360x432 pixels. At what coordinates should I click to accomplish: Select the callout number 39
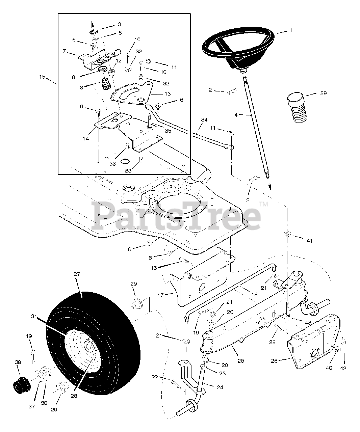tap(323, 93)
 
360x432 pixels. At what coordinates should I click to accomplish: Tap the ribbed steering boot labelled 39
tap(296, 109)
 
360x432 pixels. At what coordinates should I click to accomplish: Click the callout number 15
tap(42, 77)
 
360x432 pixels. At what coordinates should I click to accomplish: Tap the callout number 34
tap(204, 119)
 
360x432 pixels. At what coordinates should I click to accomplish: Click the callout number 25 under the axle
tap(240, 361)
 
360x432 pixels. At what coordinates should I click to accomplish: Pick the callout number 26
tap(274, 361)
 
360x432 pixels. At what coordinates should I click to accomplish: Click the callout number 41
tap(309, 241)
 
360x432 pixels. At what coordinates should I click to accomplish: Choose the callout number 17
tap(160, 295)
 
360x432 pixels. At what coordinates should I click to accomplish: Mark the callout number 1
tap(290, 30)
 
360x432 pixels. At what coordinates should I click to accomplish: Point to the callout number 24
tap(220, 387)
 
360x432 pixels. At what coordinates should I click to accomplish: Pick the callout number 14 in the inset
tap(86, 139)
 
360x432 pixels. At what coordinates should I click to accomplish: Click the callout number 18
tap(255, 294)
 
